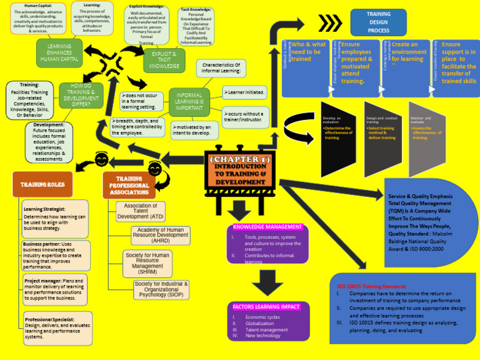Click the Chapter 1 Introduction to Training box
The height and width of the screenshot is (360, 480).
[241, 171]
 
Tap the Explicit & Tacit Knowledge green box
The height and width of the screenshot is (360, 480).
[164, 60]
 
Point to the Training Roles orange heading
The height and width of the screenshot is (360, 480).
[42, 184]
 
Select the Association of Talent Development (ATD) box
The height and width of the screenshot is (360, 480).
[141, 211]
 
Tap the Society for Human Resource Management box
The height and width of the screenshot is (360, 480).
[147, 264]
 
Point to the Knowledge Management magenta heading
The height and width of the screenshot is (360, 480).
[267, 227]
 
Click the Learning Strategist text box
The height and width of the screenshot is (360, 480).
[54, 218]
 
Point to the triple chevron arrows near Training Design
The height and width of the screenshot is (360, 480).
[331, 23]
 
